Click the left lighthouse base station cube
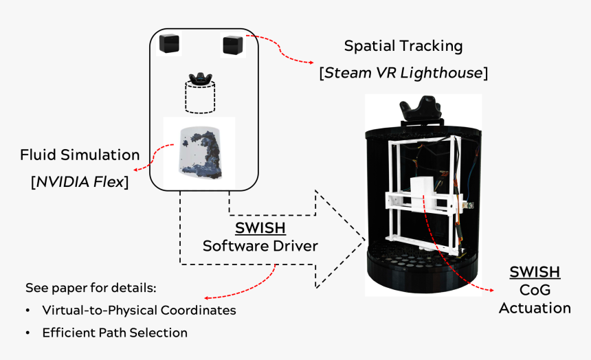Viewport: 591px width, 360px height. [169, 43]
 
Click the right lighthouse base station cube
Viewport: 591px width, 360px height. [233, 45]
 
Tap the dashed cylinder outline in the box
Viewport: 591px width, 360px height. [200, 98]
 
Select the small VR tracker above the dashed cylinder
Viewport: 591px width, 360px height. [200, 78]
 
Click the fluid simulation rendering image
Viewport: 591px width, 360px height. [200, 153]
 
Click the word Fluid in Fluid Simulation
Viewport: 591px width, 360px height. [38, 155]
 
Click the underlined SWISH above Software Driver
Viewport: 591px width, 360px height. [260, 228]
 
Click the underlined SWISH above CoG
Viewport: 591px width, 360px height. [535, 272]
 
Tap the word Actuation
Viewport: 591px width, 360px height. [535, 308]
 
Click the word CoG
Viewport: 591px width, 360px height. [535, 290]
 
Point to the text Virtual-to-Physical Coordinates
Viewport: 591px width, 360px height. [139, 311]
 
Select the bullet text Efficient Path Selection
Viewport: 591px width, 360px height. [115, 333]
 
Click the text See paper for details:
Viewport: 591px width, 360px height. [91, 288]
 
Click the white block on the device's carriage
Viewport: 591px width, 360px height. [423, 193]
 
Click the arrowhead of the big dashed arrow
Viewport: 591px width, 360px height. [340, 239]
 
